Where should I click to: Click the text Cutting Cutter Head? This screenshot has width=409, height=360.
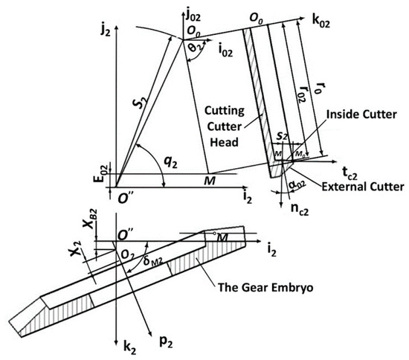pyautogui.click(x=226, y=122)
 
